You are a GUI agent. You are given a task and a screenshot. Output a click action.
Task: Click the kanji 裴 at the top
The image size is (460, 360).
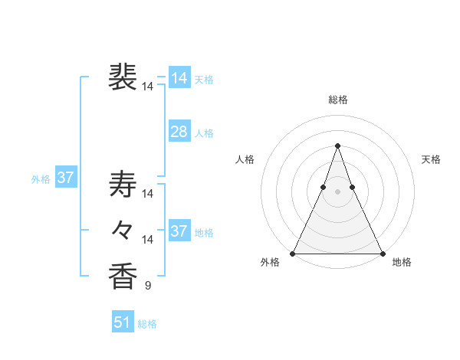pyautogui.click(x=123, y=78)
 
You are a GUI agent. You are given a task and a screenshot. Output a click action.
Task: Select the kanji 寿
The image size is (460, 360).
pyautogui.click(x=123, y=185)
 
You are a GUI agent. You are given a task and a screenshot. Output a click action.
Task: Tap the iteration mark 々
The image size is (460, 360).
pyautogui.click(x=123, y=230)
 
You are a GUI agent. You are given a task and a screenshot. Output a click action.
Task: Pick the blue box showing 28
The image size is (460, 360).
pyautogui.click(x=179, y=132)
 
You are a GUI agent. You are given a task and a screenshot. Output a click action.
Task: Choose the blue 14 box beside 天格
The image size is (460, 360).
pyautogui.click(x=179, y=78)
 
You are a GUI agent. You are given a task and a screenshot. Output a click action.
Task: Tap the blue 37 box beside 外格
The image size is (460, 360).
pyautogui.click(x=66, y=178)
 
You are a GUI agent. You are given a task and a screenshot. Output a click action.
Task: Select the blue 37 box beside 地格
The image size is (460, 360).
pyautogui.click(x=179, y=231)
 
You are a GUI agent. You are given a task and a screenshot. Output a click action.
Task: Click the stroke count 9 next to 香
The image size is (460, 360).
pyautogui.click(x=148, y=286)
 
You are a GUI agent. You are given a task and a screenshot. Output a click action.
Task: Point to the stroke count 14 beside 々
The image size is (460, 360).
pyautogui.click(x=148, y=240)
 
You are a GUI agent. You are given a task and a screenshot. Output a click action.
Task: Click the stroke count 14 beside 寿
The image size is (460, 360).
pyautogui.click(x=148, y=194)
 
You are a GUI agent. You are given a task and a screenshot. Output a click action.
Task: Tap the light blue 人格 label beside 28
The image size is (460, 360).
pyautogui.click(x=204, y=133)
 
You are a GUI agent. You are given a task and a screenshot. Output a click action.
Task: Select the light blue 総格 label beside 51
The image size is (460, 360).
pyautogui.click(x=147, y=324)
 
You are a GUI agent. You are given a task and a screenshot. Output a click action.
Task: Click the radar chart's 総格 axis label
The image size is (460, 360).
pyautogui.click(x=337, y=100)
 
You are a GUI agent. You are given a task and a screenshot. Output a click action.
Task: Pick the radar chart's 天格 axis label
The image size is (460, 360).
pyautogui.click(x=431, y=159)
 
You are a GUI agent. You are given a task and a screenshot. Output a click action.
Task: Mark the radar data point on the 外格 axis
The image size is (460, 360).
pyautogui.click(x=293, y=254)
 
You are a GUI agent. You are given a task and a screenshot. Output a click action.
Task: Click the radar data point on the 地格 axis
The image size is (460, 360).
pyautogui.click(x=382, y=254)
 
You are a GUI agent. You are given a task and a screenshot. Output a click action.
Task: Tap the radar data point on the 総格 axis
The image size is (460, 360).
pyautogui.click(x=337, y=146)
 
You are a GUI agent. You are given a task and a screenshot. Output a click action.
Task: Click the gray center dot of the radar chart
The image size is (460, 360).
pyautogui.click(x=337, y=192)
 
